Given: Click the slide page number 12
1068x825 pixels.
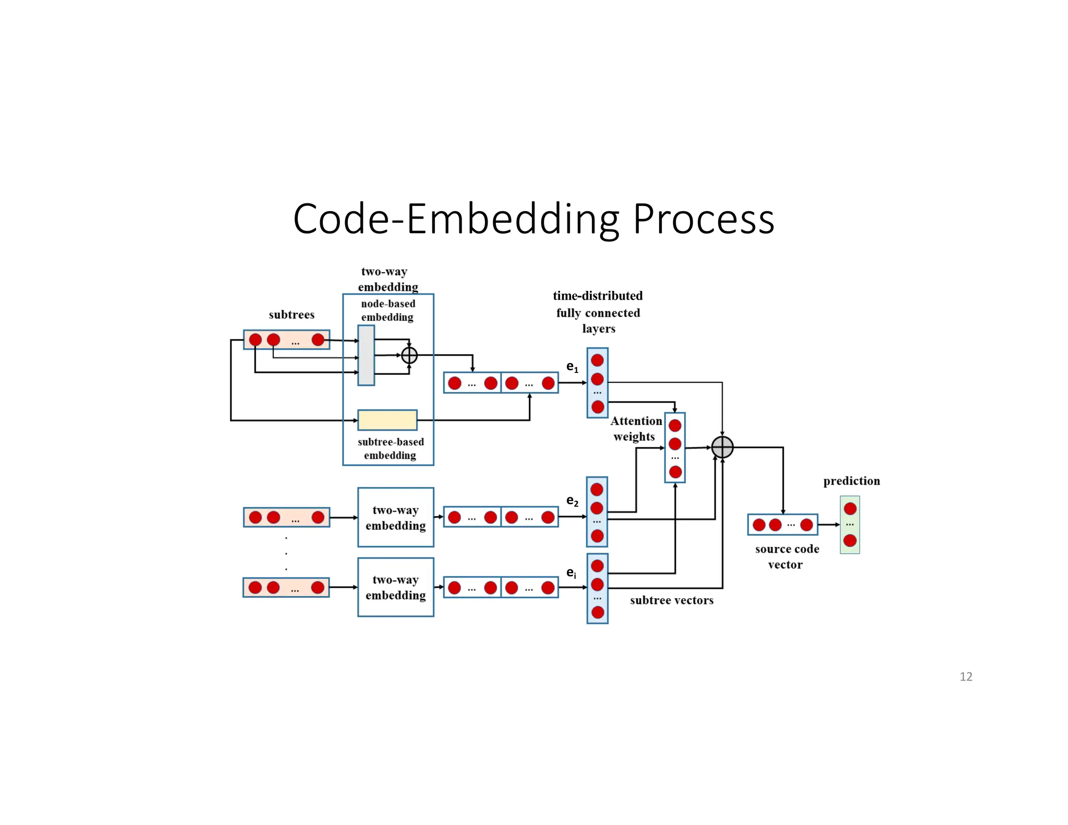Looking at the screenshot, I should [965, 676].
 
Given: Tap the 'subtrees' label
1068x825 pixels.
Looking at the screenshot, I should [292, 314].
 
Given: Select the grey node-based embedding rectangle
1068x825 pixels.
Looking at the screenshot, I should [366, 355].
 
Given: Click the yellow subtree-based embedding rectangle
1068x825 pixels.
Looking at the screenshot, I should [387, 420].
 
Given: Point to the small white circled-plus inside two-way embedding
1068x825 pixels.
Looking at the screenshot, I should [409, 355].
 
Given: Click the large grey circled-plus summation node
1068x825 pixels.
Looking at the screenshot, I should [722, 447].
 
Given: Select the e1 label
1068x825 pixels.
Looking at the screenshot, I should [572, 367].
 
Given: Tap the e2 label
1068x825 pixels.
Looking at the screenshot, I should [572, 501].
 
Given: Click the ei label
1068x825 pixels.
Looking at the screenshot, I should [572, 573].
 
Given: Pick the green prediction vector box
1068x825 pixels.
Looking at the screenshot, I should [849, 525].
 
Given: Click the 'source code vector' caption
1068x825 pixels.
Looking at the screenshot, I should [786, 556].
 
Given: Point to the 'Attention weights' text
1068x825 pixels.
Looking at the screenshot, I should [636, 428].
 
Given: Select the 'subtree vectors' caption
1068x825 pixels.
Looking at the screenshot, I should [671, 600].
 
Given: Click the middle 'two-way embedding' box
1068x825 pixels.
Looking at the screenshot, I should [395, 517].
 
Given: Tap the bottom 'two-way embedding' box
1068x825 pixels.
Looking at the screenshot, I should [395, 587].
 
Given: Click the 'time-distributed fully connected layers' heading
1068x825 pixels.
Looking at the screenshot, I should [598, 312].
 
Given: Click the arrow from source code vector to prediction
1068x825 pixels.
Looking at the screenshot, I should [829, 525].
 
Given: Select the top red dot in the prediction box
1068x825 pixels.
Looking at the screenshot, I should [850, 508].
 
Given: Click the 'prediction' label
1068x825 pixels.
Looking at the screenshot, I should [851, 481].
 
